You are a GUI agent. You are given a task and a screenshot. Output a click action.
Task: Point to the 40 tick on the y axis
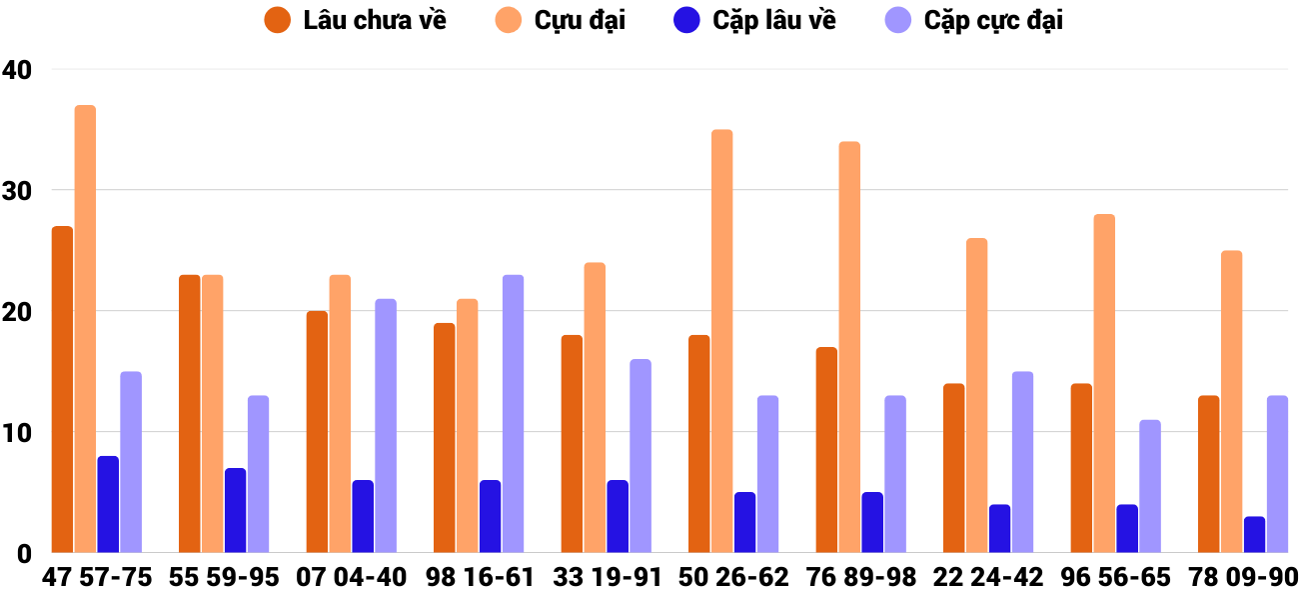click(17, 70)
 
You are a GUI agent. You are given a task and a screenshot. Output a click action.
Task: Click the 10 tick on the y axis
click(17, 433)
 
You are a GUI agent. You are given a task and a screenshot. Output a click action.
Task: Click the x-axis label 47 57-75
click(97, 578)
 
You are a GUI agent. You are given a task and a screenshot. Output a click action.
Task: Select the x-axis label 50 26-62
click(733, 578)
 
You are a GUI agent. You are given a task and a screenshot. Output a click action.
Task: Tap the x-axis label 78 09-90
click(1242, 578)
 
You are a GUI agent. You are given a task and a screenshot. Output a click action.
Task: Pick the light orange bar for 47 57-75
click(85, 329)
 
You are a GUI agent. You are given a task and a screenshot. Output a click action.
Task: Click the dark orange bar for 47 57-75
click(62, 390)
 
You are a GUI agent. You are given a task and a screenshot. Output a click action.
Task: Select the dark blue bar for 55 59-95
click(235, 510)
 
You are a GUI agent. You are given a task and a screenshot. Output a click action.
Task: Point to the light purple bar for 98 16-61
click(513, 414)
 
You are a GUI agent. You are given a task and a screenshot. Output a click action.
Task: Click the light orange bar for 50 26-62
click(721, 341)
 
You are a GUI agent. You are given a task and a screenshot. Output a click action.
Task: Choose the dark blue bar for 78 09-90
click(1254, 535)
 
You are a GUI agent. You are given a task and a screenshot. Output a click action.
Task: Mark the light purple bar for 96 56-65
click(1150, 486)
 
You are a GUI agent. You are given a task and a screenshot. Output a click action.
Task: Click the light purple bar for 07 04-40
click(386, 426)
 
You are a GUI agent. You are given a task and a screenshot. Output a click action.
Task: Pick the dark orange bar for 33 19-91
click(572, 444)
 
